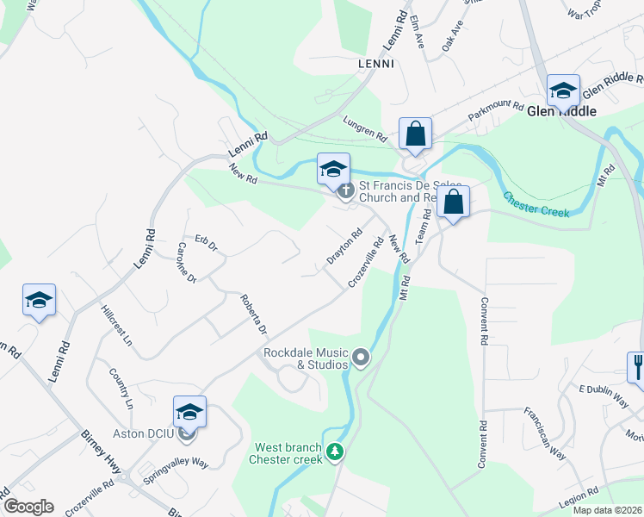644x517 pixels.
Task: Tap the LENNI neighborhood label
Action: point(375,64)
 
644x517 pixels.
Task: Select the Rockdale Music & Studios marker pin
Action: point(361,356)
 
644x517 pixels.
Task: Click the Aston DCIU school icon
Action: point(189,412)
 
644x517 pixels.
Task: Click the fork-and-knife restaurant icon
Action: point(636,365)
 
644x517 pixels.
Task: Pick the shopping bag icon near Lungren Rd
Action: point(415,134)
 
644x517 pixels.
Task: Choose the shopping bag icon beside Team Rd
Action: point(453,203)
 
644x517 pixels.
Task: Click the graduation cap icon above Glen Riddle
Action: point(563,89)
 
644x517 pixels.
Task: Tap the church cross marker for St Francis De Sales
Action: point(346,191)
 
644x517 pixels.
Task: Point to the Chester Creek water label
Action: point(536,204)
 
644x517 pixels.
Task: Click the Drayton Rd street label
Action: point(344,246)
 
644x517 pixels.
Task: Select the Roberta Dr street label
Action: point(253,315)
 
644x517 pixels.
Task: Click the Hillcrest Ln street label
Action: point(116,325)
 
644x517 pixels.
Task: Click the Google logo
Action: point(28,507)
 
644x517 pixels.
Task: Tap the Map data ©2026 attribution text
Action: point(606,510)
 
